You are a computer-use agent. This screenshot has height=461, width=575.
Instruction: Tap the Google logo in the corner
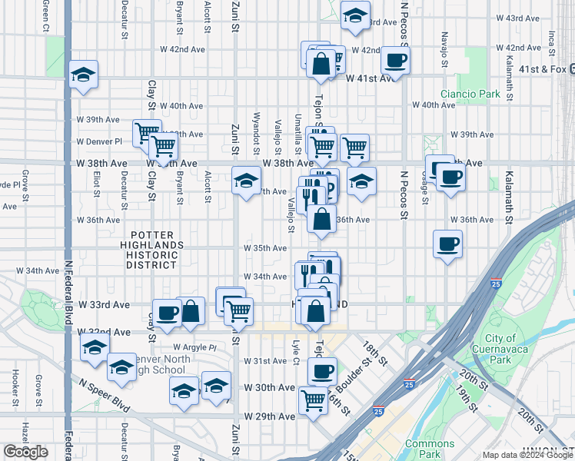(x=25, y=452)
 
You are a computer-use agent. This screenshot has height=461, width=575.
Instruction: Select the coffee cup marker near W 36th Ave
(x=447, y=245)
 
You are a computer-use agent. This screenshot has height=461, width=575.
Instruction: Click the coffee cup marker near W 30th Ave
(x=322, y=371)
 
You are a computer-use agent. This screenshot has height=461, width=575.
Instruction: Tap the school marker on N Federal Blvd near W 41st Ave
(x=82, y=75)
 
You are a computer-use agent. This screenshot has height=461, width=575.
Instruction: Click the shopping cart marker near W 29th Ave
(x=313, y=400)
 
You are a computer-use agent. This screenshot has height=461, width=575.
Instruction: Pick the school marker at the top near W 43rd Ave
(x=355, y=16)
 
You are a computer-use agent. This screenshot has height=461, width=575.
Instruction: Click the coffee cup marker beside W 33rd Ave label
(x=167, y=313)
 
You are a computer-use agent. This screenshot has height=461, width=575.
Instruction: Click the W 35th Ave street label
(x=265, y=248)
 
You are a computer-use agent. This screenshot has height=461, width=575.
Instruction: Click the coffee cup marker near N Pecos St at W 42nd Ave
(x=395, y=60)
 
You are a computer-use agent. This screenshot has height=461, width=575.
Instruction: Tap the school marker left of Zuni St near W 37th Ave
(x=245, y=181)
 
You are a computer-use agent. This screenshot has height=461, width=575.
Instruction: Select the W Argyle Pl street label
(x=195, y=347)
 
